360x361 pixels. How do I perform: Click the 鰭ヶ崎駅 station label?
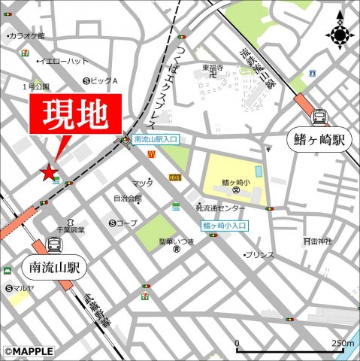pyautogui.click(x=319, y=140)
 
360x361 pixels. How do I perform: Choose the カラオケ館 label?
pyautogui.click(x=27, y=35)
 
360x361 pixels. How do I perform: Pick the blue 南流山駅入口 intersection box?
pyautogui.click(x=156, y=140)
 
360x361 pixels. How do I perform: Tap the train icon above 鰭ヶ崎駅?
pyautogui.click(x=319, y=117)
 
